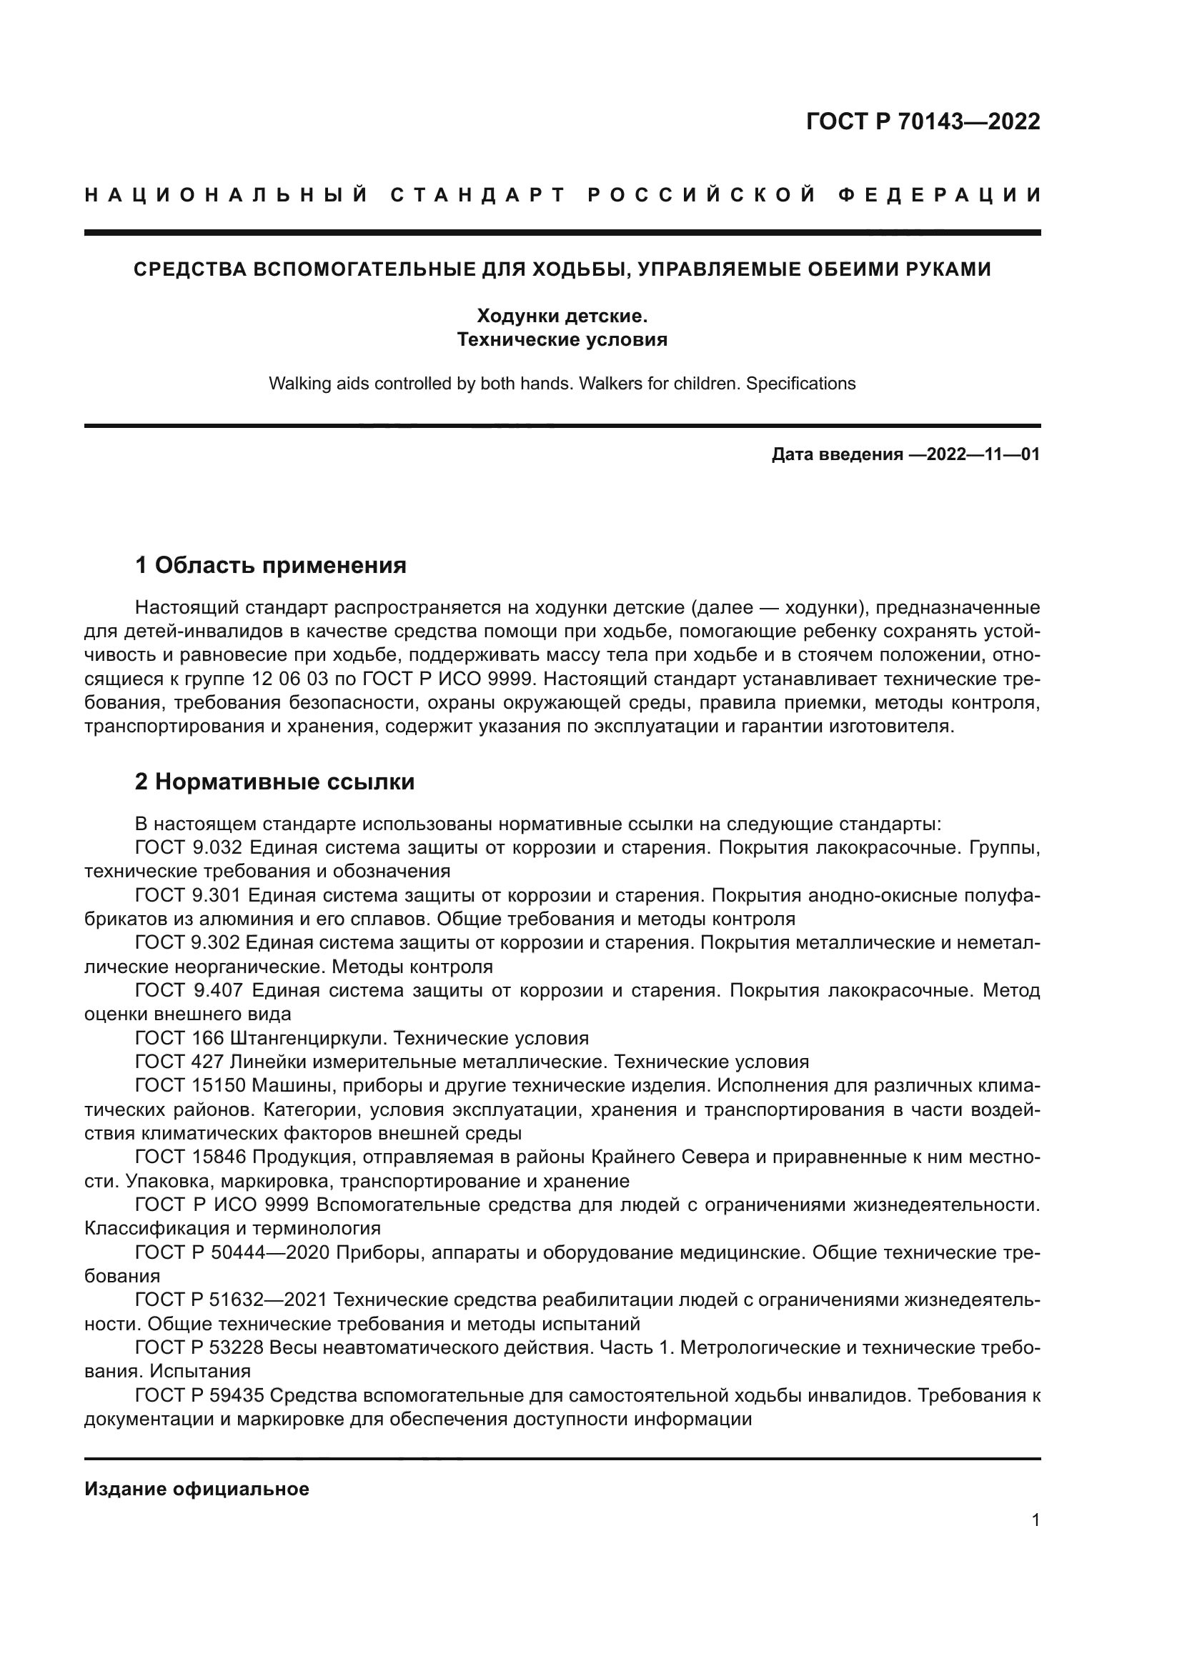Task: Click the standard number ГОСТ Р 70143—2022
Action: [x=923, y=121]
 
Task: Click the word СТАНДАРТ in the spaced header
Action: [x=477, y=195]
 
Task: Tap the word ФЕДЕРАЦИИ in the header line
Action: [x=940, y=195]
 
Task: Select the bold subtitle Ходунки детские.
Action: [x=562, y=316]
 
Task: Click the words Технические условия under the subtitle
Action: [x=562, y=339]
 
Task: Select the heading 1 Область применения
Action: [x=271, y=565]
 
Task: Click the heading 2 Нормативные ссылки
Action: [x=275, y=782]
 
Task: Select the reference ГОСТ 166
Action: [x=178, y=1038]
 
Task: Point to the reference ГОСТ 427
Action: [x=178, y=1062]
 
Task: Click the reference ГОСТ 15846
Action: [x=191, y=1157]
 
